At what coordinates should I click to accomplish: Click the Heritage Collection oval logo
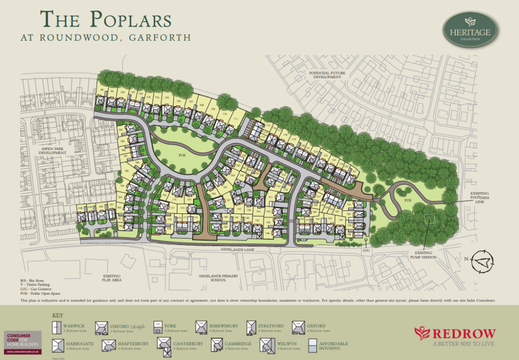[470, 30]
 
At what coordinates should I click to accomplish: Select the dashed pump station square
[429, 219]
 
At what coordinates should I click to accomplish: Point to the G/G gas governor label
[366, 250]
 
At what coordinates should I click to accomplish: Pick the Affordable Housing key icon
[313, 346]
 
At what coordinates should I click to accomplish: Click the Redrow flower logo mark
[422, 333]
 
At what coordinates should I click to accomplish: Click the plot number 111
[236, 119]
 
